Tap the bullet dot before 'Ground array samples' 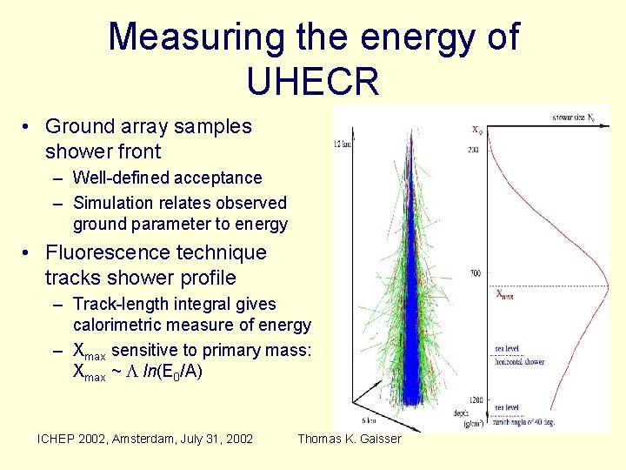pyautogui.click(x=29, y=127)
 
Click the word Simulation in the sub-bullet pyautogui.click(x=113, y=203)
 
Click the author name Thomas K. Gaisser pyautogui.click(x=350, y=439)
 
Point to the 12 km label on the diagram pyautogui.click(x=342, y=144)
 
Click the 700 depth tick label pyautogui.click(x=476, y=273)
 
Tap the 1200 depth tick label pyautogui.click(x=475, y=399)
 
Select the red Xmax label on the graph pyautogui.click(x=504, y=294)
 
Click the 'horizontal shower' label pyautogui.click(x=520, y=361)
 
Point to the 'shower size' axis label pyautogui.click(x=574, y=116)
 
